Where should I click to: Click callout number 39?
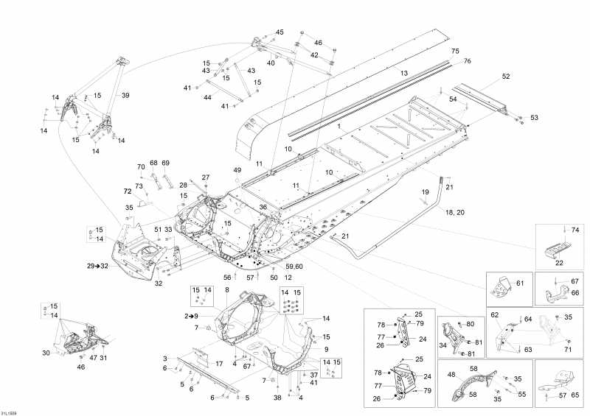(x=125, y=96)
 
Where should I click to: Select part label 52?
(x=506, y=77)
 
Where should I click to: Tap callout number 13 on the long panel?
(x=404, y=73)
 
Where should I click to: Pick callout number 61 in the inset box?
(x=518, y=283)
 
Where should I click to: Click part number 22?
(x=559, y=263)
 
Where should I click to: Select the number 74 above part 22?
(x=576, y=230)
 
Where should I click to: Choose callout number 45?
(x=280, y=32)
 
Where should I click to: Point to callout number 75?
(x=455, y=51)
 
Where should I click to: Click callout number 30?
(x=46, y=353)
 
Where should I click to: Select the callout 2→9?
(x=191, y=315)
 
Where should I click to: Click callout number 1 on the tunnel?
(x=339, y=127)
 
